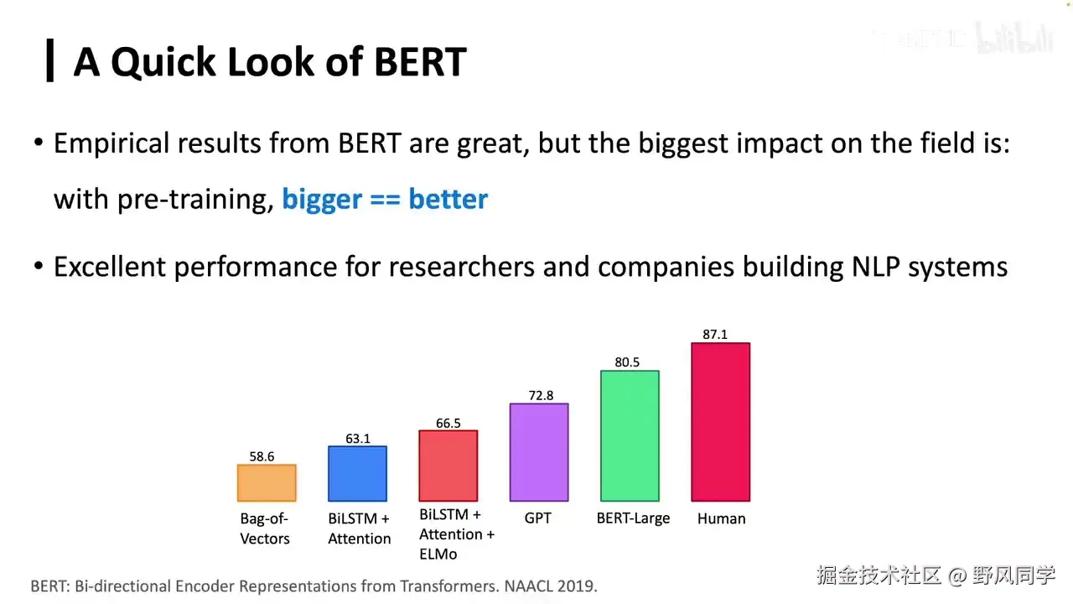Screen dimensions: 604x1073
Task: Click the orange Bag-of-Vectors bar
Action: click(267, 483)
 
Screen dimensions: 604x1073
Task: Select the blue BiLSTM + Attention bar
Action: click(357, 474)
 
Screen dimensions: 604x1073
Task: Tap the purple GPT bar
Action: click(539, 452)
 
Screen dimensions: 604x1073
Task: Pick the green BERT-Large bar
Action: click(630, 436)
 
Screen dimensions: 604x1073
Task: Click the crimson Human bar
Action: click(720, 422)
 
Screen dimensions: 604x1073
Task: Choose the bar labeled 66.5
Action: click(448, 466)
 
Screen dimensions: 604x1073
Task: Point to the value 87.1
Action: click(715, 335)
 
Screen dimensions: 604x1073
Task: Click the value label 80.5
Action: click(627, 362)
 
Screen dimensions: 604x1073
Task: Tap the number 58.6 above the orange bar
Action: click(262, 456)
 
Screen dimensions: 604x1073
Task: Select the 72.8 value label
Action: click(541, 395)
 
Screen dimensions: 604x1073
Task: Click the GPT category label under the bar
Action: click(538, 518)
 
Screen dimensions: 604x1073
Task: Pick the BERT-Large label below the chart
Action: click(633, 518)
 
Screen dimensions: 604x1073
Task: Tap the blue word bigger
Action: click(322, 200)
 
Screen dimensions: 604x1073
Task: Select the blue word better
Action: click(448, 200)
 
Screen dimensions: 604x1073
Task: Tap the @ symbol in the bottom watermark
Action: click(957, 575)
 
